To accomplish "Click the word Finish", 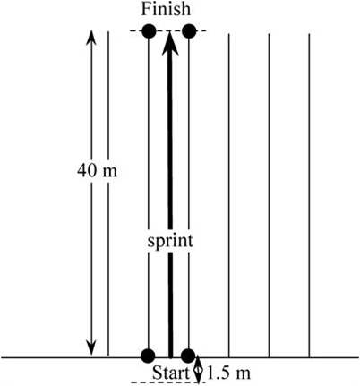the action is (x=166, y=9).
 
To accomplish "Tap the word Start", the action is (x=171, y=373).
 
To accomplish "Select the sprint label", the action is (x=170, y=241).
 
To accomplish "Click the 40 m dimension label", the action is (x=98, y=171).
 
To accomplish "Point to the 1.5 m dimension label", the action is (x=228, y=373).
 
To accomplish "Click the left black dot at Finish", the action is (x=149, y=30).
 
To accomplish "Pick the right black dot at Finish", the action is (x=189, y=30).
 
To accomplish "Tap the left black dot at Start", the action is (x=148, y=356).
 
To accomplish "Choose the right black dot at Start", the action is (x=188, y=356).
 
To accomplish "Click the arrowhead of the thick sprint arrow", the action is (x=170, y=43).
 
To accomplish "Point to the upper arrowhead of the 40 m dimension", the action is (x=91, y=37).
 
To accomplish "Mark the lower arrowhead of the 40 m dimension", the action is (x=91, y=348).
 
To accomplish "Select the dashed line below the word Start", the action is (x=168, y=382).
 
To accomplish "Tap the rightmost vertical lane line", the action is (x=309, y=195).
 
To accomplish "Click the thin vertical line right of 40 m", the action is (x=108, y=193).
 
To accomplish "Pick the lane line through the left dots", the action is (x=149, y=193).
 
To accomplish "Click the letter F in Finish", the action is (x=145, y=9).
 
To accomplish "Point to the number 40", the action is (x=87, y=171).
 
